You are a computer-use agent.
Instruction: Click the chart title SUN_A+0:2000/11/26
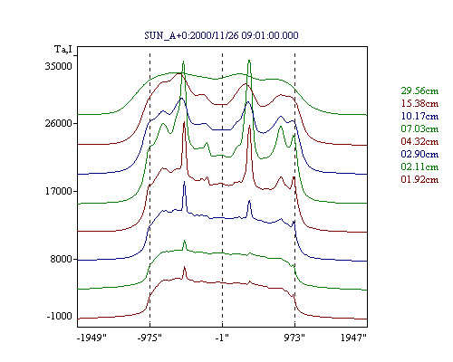[191, 35]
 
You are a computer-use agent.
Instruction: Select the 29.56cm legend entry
[419, 90]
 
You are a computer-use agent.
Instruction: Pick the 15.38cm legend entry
[419, 103]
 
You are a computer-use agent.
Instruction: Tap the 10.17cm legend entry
[419, 116]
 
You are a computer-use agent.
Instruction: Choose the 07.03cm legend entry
[419, 129]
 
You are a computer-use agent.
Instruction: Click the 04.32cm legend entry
[419, 141]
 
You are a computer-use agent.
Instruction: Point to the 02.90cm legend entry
[419, 154]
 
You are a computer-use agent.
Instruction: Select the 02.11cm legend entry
[419, 167]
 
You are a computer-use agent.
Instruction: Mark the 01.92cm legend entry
[419, 179]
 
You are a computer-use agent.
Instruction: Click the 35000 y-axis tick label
[59, 66]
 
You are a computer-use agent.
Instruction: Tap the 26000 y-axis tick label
[59, 123]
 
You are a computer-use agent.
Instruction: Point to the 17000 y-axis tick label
[59, 191]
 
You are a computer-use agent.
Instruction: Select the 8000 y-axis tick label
[62, 259]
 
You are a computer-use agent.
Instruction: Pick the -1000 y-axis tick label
[60, 316]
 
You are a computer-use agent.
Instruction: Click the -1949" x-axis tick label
[92, 338]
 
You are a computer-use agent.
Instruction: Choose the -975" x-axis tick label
[149, 338]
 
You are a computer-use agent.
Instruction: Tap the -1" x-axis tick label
[222, 338]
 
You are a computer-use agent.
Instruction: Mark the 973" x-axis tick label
[294, 338]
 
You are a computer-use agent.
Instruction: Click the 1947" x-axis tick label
[353, 338]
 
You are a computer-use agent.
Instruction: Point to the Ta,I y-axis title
[63, 49]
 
